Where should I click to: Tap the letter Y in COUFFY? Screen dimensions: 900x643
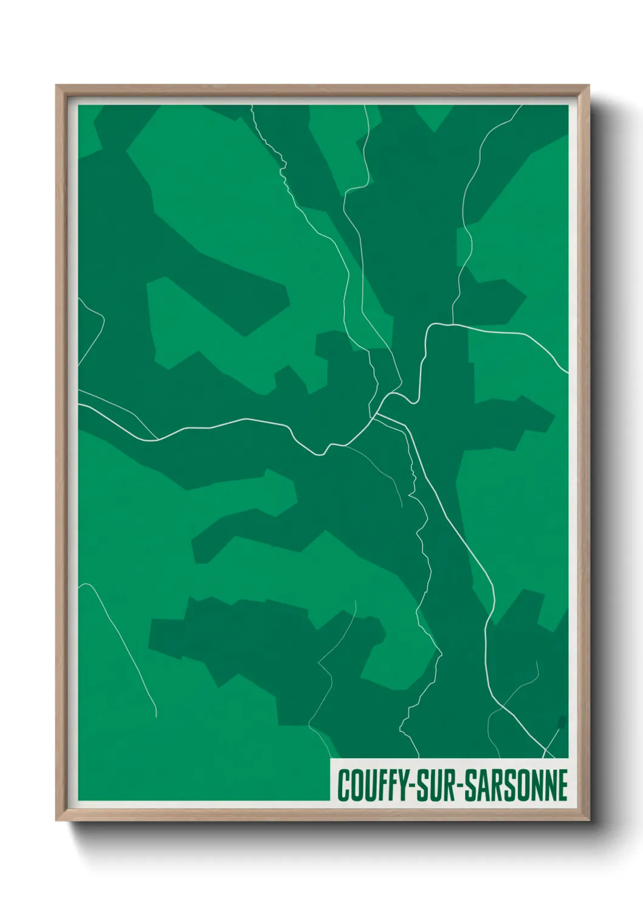click(402, 785)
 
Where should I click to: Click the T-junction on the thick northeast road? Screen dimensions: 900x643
click(453, 324)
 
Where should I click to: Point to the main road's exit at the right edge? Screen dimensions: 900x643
click(566, 372)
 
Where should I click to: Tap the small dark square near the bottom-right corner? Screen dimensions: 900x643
click(562, 722)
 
